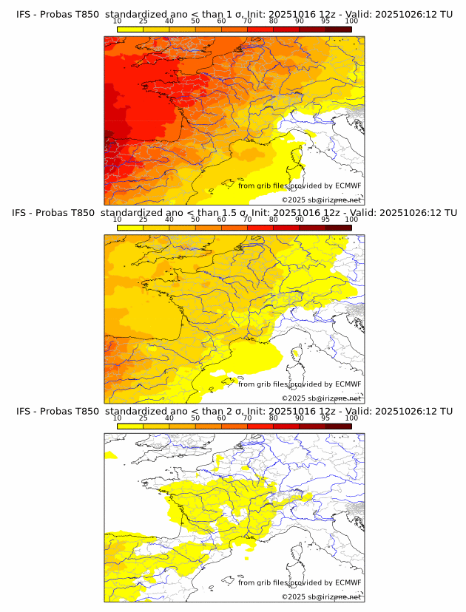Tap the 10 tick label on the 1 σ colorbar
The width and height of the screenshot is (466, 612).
click(118, 21)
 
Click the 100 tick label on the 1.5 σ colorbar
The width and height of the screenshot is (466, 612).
click(351, 220)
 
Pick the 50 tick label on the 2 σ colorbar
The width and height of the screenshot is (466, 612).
click(195, 418)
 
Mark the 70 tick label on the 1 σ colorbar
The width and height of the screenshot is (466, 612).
click(247, 21)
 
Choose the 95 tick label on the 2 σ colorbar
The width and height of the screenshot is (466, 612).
click(325, 418)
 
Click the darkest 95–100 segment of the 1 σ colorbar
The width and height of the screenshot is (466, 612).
click(339, 29)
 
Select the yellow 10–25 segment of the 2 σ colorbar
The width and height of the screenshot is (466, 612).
click(130, 426)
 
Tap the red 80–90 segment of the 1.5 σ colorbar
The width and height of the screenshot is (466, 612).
click(286, 228)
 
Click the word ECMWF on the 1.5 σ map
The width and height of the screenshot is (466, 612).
click(348, 384)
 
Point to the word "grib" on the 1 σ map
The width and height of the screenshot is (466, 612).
click(265, 186)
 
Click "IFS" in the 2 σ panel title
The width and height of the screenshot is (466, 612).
click(24, 411)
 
